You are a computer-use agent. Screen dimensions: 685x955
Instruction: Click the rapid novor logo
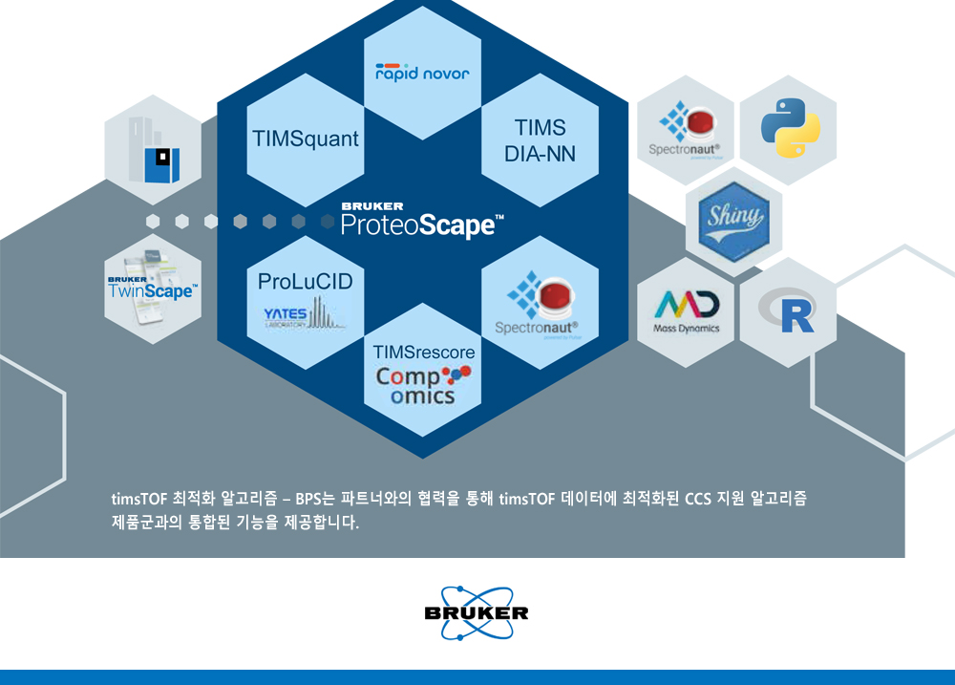pyautogui.click(x=422, y=73)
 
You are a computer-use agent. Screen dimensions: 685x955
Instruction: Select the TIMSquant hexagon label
pyautogui.click(x=306, y=139)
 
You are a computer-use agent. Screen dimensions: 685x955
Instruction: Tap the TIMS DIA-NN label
pyautogui.click(x=540, y=139)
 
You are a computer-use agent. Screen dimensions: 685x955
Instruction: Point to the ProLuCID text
pyautogui.click(x=306, y=282)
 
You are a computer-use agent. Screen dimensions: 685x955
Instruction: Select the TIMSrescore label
pyautogui.click(x=424, y=353)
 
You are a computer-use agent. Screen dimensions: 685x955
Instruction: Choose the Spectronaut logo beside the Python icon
pyautogui.click(x=685, y=128)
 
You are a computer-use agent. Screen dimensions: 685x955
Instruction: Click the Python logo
pyautogui.click(x=791, y=129)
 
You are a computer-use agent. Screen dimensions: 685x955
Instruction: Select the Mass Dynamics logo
pyautogui.click(x=687, y=311)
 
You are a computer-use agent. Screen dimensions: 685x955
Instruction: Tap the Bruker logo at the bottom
pyautogui.click(x=477, y=612)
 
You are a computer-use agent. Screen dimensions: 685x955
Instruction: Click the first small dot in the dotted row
pyautogui.click(x=153, y=222)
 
